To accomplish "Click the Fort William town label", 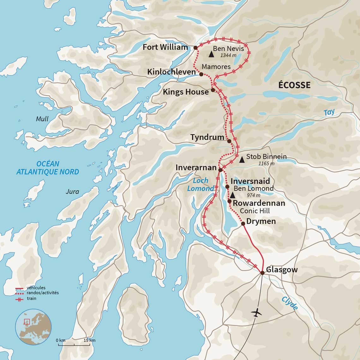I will tap(165, 47).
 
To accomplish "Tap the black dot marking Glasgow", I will tap(262, 273).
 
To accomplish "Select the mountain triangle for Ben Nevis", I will tap(211, 54).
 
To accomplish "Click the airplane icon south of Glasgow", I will tap(256, 313).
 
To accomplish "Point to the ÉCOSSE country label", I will tap(294, 85).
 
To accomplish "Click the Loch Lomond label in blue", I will tap(201, 184).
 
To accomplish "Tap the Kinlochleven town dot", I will tap(201, 74).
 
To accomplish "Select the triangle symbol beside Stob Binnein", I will tap(242, 160).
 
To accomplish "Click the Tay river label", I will tap(329, 112).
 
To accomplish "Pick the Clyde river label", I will tap(290, 303).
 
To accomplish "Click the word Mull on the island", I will tap(42, 119).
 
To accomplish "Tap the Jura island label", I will tap(72, 192).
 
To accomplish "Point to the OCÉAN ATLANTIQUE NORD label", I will tap(48, 168).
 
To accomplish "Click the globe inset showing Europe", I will tap(33, 327).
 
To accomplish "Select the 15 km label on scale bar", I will tap(90, 340).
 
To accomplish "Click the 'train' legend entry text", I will tap(32, 298).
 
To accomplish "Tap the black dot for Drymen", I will tap(243, 224).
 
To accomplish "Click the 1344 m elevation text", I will tap(228, 56).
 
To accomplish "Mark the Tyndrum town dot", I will tap(229, 141).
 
